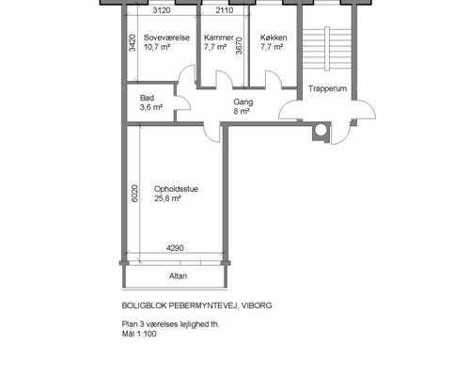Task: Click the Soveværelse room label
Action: (166, 38)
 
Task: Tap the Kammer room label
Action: (219, 38)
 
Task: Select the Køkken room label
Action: (274, 38)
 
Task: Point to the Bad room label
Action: (147, 98)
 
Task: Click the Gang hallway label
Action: (243, 102)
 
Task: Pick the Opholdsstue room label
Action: (176, 189)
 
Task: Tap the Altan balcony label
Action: (178, 276)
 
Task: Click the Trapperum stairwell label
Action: (327, 88)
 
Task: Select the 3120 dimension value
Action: (162, 10)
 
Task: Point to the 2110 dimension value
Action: (225, 10)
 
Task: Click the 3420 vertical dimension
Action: (133, 42)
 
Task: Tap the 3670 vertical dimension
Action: (239, 46)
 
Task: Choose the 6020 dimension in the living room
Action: (134, 194)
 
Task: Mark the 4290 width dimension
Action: (175, 248)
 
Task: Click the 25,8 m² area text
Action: (167, 198)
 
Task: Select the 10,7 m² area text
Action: (157, 47)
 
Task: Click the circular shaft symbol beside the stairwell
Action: (321, 131)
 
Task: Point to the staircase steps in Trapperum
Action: (327, 49)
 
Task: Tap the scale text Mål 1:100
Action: (139, 334)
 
